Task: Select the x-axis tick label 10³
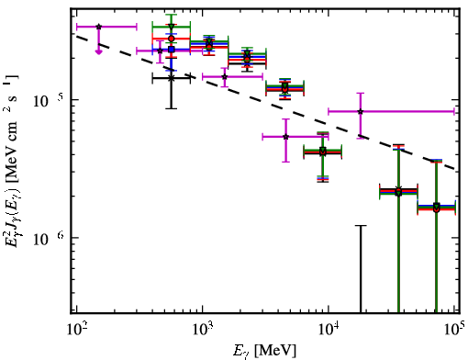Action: (x=203, y=331)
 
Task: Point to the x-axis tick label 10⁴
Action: (x=329, y=331)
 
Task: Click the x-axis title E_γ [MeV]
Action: (x=264, y=351)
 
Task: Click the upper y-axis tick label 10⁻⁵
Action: (x=49, y=100)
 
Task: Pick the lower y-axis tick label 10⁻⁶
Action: (x=49, y=238)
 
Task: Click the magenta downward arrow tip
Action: (x=98, y=52)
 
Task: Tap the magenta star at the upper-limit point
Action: (x=98, y=27)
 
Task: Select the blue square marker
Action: (x=172, y=50)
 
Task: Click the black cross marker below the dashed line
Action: (x=172, y=78)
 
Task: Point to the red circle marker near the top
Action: (x=172, y=39)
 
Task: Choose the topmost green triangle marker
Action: (x=172, y=27)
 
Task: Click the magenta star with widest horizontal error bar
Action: (x=361, y=111)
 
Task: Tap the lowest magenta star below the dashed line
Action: (x=285, y=137)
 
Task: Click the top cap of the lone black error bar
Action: (x=361, y=226)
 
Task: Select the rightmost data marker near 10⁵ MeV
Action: (x=436, y=208)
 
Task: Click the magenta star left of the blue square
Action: (x=160, y=51)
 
